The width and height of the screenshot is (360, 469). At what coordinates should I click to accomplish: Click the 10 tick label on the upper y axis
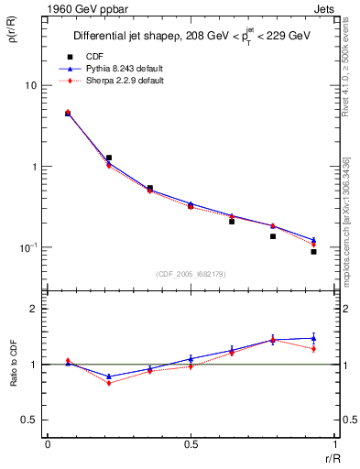(30, 85)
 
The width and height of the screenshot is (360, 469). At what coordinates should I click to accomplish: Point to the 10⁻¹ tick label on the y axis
(27, 247)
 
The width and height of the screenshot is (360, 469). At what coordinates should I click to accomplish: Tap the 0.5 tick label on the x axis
(191, 444)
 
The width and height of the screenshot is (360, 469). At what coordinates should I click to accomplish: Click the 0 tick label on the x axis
(48, 444)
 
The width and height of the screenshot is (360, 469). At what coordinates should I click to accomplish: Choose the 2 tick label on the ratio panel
(35, 309)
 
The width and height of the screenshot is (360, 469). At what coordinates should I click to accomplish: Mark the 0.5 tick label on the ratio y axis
(30, 420)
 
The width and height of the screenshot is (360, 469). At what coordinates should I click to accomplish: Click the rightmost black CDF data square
(313, 251)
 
